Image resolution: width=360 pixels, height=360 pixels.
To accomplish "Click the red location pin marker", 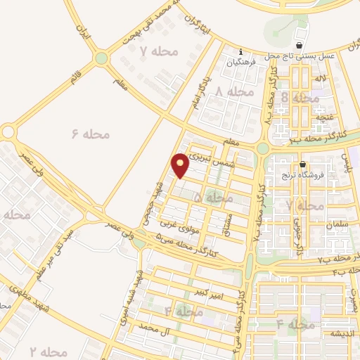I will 181,164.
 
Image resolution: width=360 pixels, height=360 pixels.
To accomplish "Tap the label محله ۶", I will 88,132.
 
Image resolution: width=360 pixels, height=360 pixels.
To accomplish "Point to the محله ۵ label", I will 212,198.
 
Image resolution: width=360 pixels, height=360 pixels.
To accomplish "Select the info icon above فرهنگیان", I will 240,52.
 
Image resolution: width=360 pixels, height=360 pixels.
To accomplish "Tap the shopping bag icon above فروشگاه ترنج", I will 302,163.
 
